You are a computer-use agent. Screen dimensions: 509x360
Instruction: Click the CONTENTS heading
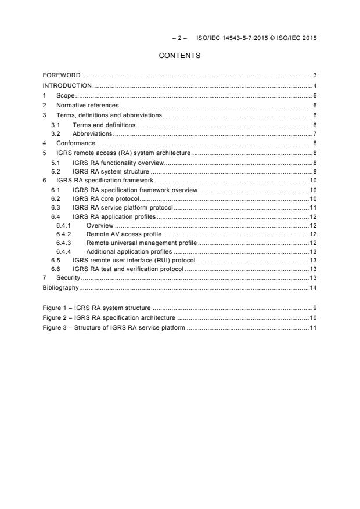[x=179, y=56]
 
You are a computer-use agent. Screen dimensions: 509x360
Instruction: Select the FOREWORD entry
[x=62, y=75]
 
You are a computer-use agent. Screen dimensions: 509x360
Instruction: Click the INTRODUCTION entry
[x=67, y=85]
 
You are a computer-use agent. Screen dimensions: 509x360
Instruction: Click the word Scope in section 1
[x=66, y=95]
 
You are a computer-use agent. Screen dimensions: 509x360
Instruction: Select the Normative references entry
[x=87, y=105]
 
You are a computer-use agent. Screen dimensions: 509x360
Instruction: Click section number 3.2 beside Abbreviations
[x=55, y=133]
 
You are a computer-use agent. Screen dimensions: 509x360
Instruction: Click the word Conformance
[x=75, y=143]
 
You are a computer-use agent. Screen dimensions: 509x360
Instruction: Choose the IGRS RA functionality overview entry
[x=118, y=163]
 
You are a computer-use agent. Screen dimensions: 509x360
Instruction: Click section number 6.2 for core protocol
[x=55, y=199]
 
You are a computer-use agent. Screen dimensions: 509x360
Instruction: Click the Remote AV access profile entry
[x=124, y=234]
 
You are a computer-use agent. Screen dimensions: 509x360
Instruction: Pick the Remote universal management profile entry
[x=141, y=243]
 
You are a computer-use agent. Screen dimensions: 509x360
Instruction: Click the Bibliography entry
[x=60, y=287]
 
